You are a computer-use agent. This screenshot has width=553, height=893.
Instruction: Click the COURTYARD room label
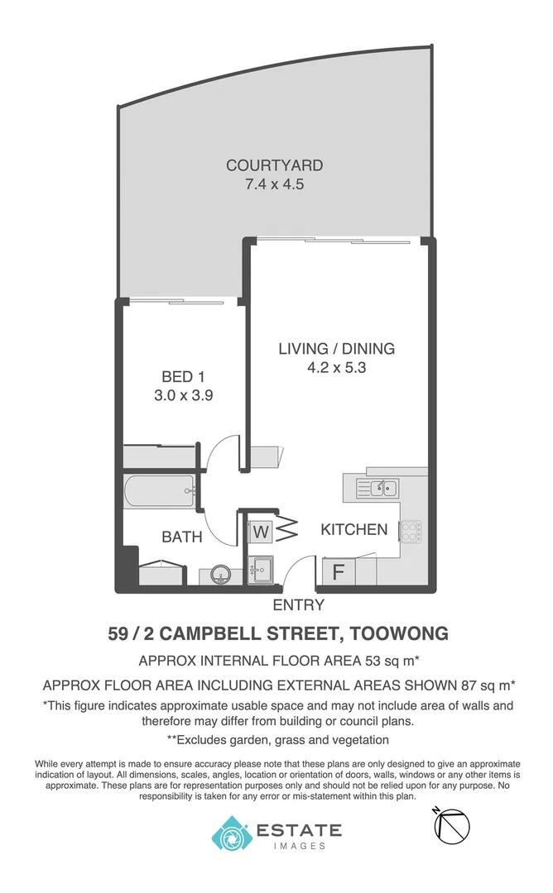274,165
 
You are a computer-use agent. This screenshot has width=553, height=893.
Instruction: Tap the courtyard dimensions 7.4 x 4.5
274,184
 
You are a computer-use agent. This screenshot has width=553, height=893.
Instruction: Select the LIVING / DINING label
336,348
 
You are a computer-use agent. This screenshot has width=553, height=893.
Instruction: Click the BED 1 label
184,377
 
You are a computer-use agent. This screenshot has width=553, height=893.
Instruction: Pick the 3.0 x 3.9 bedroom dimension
184,395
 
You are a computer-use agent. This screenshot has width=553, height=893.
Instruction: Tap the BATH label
182,537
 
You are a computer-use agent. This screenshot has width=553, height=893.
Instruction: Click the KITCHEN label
353,529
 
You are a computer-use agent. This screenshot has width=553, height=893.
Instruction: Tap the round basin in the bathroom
221,574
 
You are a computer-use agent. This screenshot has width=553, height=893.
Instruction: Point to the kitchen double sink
377,488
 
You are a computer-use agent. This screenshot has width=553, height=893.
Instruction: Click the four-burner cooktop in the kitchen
411,532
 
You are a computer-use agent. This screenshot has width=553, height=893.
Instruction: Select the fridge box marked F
339,571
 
